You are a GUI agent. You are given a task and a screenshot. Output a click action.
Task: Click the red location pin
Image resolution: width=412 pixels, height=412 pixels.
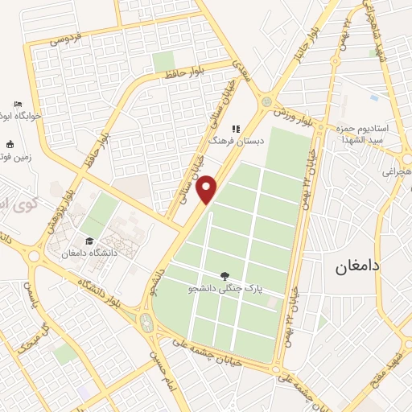[x=208, y=189]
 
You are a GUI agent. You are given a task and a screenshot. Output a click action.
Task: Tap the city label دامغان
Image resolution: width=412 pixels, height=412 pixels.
[x=360, y=265]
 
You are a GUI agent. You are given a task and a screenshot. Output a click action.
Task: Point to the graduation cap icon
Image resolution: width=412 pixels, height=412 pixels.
[x=87, y=241]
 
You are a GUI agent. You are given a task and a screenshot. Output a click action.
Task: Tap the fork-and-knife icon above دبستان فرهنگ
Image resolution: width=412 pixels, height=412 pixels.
[x=236, y=128]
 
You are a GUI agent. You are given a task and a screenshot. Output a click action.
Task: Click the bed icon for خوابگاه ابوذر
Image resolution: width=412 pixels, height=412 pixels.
[x=18, y=105]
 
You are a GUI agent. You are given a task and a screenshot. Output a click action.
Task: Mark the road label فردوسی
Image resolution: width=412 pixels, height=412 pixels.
[x=67, y=36]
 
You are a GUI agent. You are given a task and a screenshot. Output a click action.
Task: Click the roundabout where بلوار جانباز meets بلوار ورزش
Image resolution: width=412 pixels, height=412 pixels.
[x=266, y=101]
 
